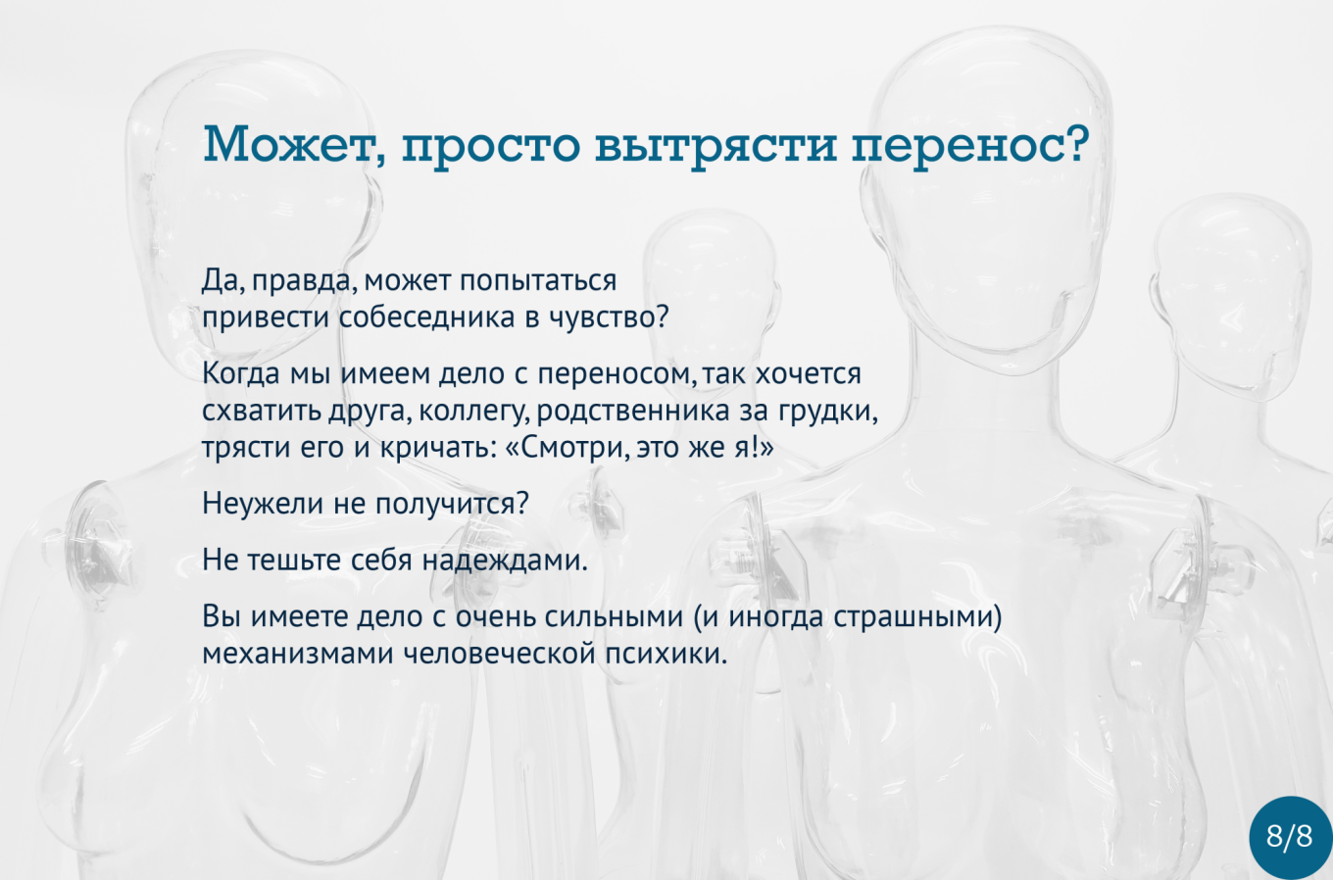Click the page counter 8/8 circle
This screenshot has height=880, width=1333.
1290,837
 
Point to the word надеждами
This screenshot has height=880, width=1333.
501,562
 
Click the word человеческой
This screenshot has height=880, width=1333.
500,654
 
